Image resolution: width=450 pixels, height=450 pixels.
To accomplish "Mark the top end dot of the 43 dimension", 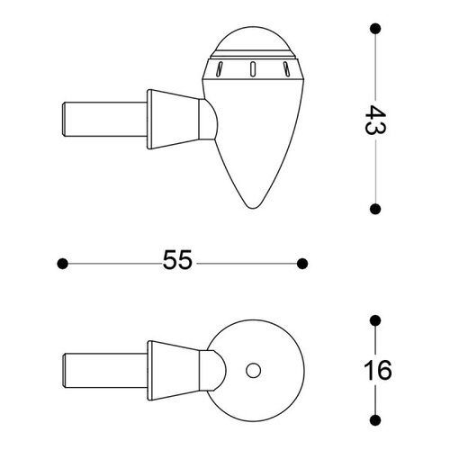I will (x=375, y=28).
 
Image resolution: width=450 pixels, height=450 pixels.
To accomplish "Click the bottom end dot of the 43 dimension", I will (x=375, y=206).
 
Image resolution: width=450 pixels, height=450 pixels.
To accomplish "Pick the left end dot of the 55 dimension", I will (x=62, y=263).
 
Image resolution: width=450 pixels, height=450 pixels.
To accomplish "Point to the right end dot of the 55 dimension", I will (x=302, y=263).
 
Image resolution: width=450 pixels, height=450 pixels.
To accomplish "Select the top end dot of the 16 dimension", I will (x=375, y=321).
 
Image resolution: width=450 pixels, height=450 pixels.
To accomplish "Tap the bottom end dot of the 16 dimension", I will (x=375, y=418).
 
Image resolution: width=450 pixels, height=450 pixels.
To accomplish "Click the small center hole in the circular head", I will (x=253, y=369).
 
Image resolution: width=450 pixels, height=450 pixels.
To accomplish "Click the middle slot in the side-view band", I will (x=253, y=67).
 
